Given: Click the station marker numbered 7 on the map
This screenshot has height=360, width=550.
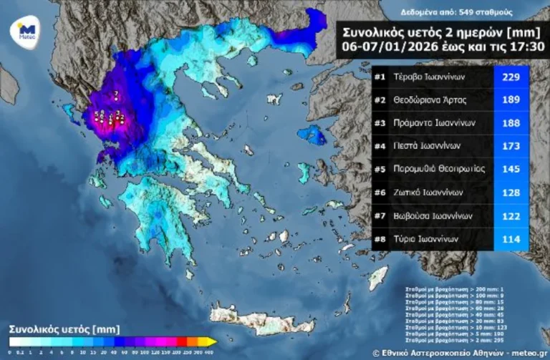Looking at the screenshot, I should tap(116, 99).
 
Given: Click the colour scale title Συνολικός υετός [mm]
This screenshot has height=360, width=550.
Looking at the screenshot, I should tap(54, 330).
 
